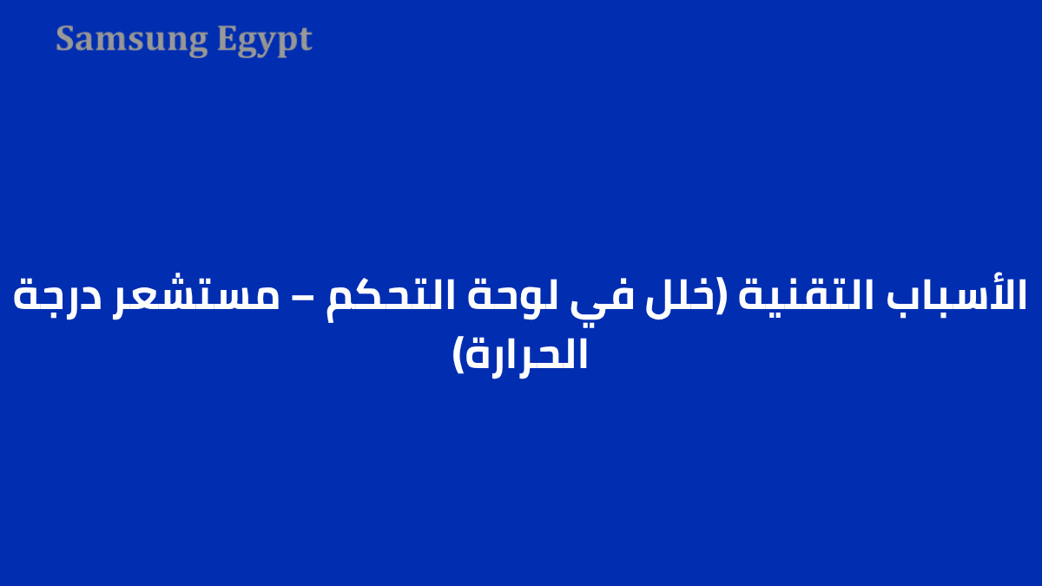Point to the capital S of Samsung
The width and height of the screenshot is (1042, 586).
click(x=65, y=39)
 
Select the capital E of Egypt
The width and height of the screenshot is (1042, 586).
click(x=227, y=39)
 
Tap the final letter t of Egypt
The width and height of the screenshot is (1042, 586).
click(x=305, y=40)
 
